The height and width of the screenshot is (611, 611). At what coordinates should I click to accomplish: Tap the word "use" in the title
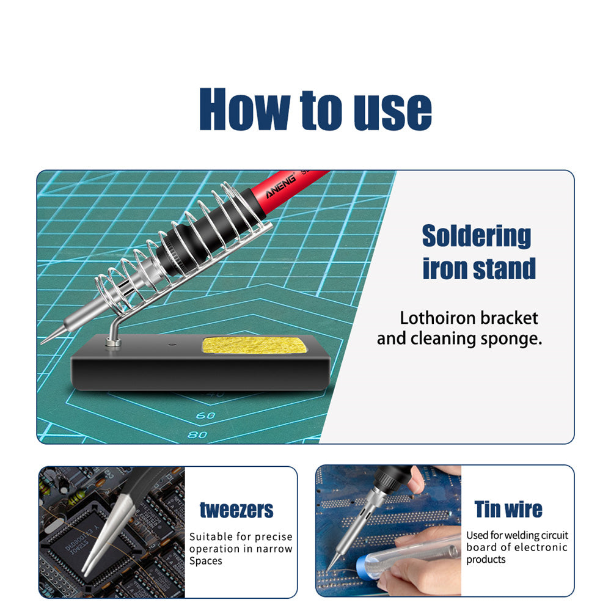pyautogui.click(x=387, y=111)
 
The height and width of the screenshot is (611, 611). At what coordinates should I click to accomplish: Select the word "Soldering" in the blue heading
pyautogui.click(x=477, y=236)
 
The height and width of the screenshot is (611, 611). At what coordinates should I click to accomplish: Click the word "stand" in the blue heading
pyautogui.click(x=505, y=269)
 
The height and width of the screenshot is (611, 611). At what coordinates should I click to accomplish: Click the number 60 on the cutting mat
pyautogui.click(x=208, y=416)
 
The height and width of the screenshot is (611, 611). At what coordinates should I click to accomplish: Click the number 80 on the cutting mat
pyautogui.click(x=197, y=434)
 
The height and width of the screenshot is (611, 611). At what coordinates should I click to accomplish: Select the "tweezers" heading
pyautogui.click(x=236, y=510)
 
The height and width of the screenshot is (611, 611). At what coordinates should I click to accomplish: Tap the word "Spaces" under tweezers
pyautogui.click(x=206, y=561)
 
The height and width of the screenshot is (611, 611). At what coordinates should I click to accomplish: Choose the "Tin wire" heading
pyautogui.click(x=508, y=509)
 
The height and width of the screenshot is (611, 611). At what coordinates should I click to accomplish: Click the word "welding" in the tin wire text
pyautogui.click(x=518, y=536)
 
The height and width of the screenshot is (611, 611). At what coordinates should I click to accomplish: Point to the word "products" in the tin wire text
pyautogui.click(x=486, y=560)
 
